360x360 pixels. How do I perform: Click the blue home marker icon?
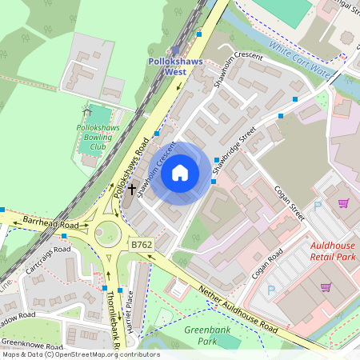click(x=180, y=172)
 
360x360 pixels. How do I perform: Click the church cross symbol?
click(x=131, y=190)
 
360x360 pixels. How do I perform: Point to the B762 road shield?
click(x=141, y=243)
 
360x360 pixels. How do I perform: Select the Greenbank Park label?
click(x=202, y=335)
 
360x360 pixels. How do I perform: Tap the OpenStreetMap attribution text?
click(x=80, y=354)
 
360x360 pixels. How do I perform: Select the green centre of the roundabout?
click(x=107, y=234)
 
